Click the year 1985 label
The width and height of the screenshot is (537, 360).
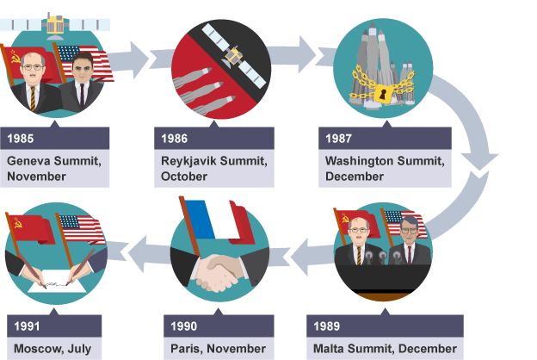click(x=20, y=138)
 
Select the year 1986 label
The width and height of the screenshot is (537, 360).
click(x=175, y=138)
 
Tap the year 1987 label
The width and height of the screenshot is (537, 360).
click(x=338, y=138)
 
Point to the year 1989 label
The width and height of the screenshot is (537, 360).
click(x=326, y=326)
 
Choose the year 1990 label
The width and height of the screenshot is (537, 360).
click(x=183, y=326)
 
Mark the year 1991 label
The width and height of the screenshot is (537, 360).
click(x=27, y=326)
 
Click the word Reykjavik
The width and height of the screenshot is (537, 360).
click(x=188, y=161)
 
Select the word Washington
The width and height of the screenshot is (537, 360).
click(x=359, y=160)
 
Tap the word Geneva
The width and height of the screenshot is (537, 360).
click(x=28, y=160)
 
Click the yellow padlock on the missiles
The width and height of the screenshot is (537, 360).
click(x=383, y=93)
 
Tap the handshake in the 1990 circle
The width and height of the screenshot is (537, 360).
click(x=219, y=271)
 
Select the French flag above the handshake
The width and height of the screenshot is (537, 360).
click(x=217, y=221)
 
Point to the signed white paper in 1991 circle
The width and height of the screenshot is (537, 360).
click(x=57, y=281)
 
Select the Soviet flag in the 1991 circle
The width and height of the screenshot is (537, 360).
click(x=30, y=229)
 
